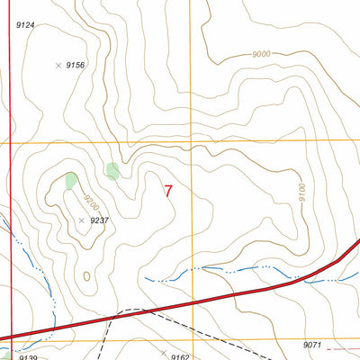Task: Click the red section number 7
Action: tap(169, 191)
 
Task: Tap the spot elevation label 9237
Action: tap(99, 220)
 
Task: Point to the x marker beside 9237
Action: tap(81, 220)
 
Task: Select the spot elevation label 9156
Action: tap(75, 66)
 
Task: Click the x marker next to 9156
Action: tap(58, 66)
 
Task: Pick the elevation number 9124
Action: tap(25, 24)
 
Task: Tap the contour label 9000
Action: tap(262, 55)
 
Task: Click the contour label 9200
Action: tap(88, 191)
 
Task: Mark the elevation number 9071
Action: tap(312, 345)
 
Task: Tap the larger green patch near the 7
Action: tap(112, 170)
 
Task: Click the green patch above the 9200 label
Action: tap(71, 179)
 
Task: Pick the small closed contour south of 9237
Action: tap(86, 275)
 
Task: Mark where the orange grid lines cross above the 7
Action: tap(190, 142)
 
